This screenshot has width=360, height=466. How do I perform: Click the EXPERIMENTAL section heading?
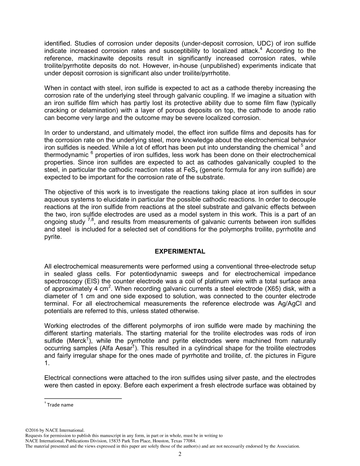tap(180, 252)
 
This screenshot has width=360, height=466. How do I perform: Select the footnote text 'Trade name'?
tap(60, 405)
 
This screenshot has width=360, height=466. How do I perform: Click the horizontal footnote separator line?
tap(83, 398)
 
